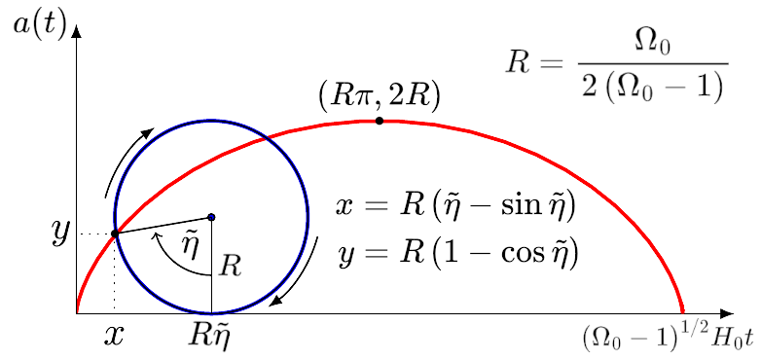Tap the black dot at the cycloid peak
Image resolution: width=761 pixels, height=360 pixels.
(x=380, y=121)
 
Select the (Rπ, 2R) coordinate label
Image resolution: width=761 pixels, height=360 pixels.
(x=380, y=96)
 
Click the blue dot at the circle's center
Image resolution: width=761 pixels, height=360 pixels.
(x=211, y=217)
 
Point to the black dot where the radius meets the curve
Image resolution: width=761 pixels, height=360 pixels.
(x=115, y=234)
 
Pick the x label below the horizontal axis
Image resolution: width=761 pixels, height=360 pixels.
(x=114, y=335)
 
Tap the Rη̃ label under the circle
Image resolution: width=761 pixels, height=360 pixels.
(x=208, y=336)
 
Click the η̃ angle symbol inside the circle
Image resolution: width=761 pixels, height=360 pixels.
(x=187, y=240)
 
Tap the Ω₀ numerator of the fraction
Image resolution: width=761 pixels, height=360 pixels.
(x=652, y=48)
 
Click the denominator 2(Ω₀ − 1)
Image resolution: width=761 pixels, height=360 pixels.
(x=652, y=87)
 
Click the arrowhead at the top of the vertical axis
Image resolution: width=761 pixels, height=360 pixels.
(x=77, y=30)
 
